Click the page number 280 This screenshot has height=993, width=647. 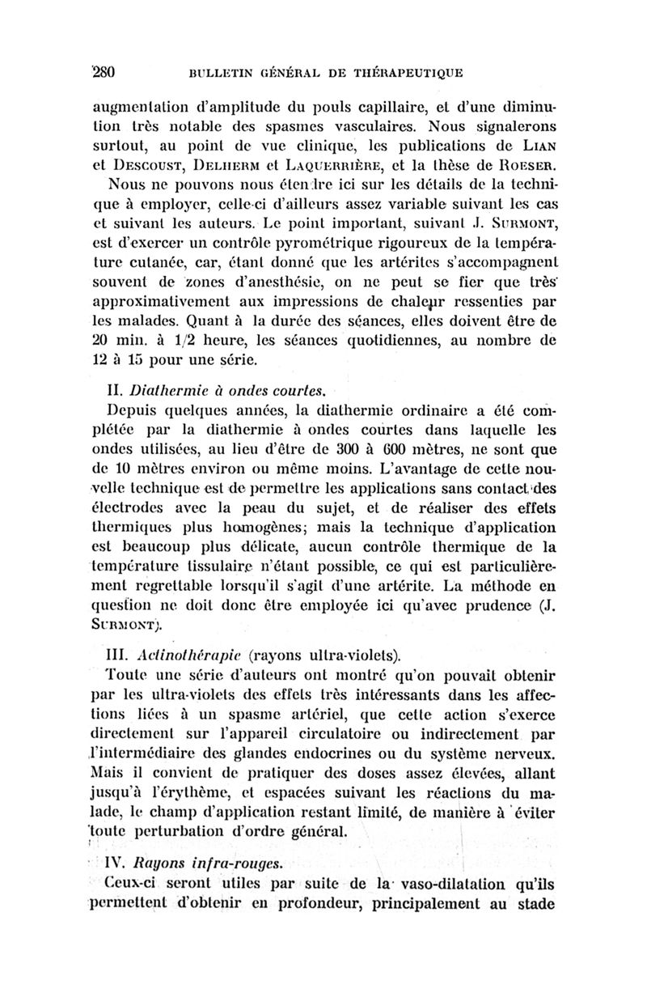105,71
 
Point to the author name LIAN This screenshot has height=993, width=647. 536,147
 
